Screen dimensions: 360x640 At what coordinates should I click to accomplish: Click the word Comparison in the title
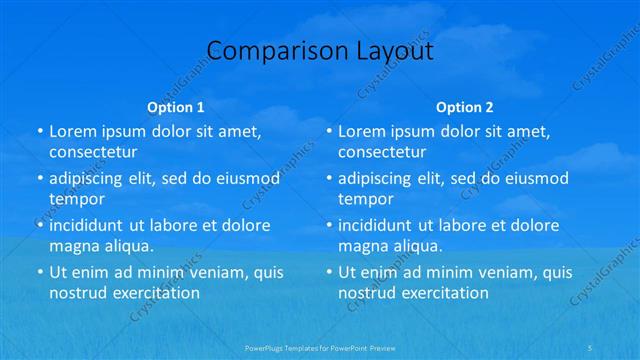pos(265,51)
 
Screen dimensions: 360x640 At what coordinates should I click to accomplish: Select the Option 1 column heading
pos(176,107)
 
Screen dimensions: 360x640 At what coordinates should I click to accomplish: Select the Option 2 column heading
pos(464,107)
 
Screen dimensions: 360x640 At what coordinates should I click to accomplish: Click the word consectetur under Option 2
pos(382,152)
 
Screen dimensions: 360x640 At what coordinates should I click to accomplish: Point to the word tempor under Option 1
pos(77,198)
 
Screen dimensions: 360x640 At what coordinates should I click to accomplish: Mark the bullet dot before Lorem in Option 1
pos(39,132)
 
